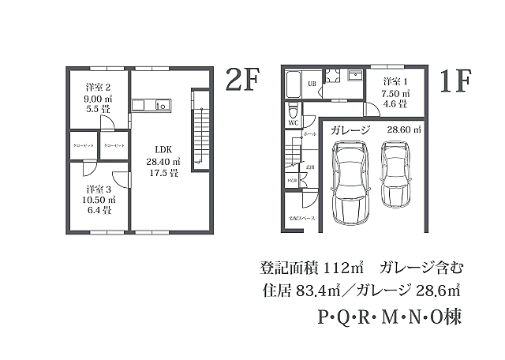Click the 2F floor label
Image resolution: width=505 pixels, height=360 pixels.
(241, 81)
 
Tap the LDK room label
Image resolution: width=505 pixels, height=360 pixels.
(163, 148)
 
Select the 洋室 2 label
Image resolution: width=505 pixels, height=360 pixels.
(98, 87)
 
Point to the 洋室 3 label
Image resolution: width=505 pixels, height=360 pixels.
(99, 189)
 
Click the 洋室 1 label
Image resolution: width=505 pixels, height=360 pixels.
(395, 82)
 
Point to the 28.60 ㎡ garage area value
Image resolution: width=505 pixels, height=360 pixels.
(404, 129)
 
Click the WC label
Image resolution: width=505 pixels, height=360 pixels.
(292, 123)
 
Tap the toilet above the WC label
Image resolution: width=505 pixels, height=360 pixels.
(292, 109)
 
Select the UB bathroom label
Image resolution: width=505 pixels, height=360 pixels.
(312, 83)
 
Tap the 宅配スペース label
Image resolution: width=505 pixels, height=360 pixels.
(301, 217)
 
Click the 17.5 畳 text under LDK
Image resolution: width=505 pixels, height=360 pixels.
(163, 171)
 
